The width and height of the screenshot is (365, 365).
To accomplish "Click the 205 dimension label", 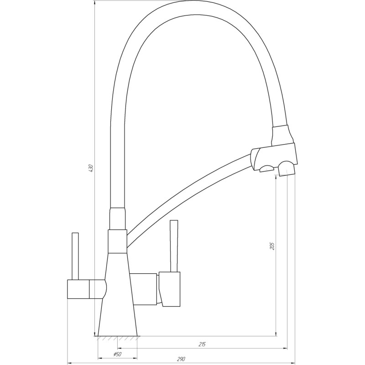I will [272, 246].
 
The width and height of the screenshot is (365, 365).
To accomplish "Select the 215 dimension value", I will [202, 344].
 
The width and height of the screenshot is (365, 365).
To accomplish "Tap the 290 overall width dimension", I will [181, 360].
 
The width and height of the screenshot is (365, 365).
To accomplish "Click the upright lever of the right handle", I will [173, 246].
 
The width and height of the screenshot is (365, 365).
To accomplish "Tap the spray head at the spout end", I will [274, 155].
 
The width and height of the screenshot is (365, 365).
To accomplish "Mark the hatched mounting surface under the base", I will [118, 339].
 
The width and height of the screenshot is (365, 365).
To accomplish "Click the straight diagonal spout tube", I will [192, 192].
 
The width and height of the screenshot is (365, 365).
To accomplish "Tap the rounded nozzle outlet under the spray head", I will [287, 168].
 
